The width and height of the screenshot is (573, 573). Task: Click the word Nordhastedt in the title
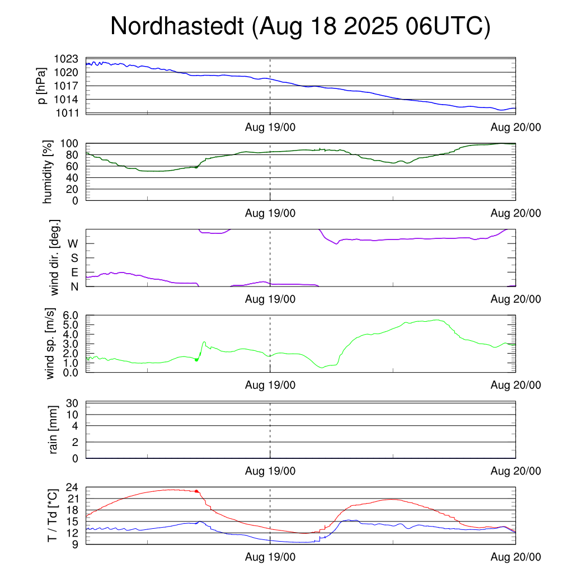tap(177, 27)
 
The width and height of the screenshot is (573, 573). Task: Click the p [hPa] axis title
tap(41, 86)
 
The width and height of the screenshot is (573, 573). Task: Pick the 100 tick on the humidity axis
tap(71, 144)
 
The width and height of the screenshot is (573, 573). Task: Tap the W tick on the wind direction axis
tap(73, 243)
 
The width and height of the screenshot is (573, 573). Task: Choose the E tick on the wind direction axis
tap(73, 273)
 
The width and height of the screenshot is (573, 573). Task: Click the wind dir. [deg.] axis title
tap(55, 258)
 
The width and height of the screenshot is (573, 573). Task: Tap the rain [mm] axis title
tap(54, 430)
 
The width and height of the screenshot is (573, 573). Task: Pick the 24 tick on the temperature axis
tap(72, 487)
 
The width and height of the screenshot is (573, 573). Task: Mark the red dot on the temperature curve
tap(196, 491)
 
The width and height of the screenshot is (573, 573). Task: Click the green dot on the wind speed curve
tap(196, 360)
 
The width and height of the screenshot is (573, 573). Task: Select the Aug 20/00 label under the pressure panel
tap(515, 127)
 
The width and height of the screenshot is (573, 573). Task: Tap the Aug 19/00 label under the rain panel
tap(270, 471)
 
